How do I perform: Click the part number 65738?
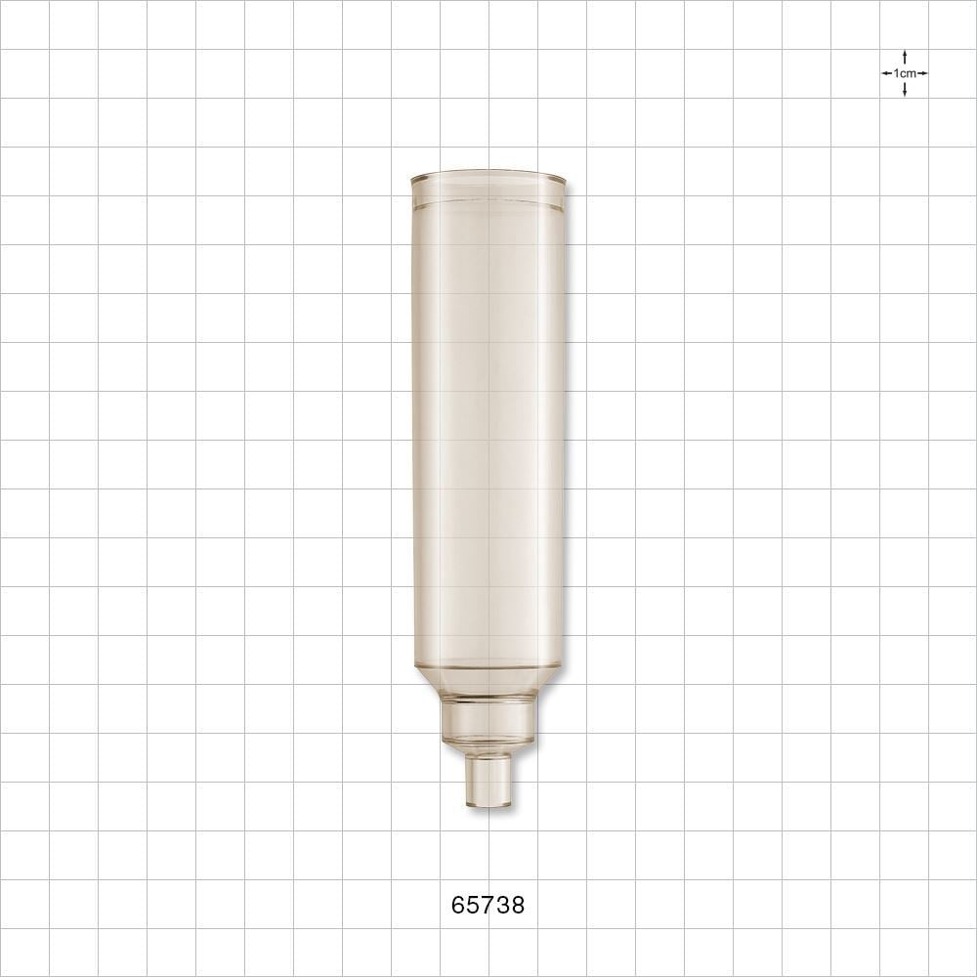point(488,906)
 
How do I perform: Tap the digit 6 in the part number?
point(458,906)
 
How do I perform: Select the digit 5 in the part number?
point(473,906)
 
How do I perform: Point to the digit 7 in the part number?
point(488,906)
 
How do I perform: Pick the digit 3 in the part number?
point(502,906)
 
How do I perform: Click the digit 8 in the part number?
point(518,906)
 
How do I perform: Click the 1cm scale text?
point(905,73)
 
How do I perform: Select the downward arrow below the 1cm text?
point(905,91)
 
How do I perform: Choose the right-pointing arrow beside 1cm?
point(923,73)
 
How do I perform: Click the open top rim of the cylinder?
point(488,178)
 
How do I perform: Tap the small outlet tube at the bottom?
point(488,780)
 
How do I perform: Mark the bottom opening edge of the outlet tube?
point(488,805)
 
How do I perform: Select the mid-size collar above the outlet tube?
point(488,721)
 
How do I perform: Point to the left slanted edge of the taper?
point(427,681)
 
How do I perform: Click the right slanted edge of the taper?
point(548,681)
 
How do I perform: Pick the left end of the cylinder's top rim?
point(413,180)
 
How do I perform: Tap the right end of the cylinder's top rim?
point(564,180)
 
